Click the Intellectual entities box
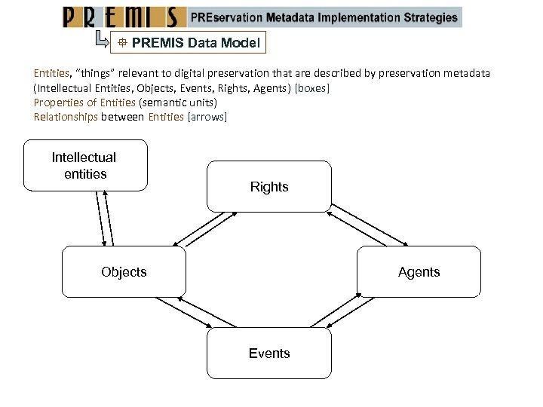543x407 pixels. tap(85, 165)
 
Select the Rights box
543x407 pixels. tap(269, 186)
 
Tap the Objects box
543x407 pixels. tap(124, 271)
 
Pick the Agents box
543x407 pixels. tap(419, 271)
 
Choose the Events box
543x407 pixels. tap(269, 353)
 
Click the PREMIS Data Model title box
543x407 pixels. tap(189, 43)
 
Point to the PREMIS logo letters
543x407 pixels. tap(124, 17)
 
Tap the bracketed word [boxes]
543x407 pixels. tap(312, 88)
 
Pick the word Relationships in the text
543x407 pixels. tap(66, 117)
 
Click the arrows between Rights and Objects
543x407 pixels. tap(204, 228)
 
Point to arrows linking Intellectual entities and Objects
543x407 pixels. tap(104, 218)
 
